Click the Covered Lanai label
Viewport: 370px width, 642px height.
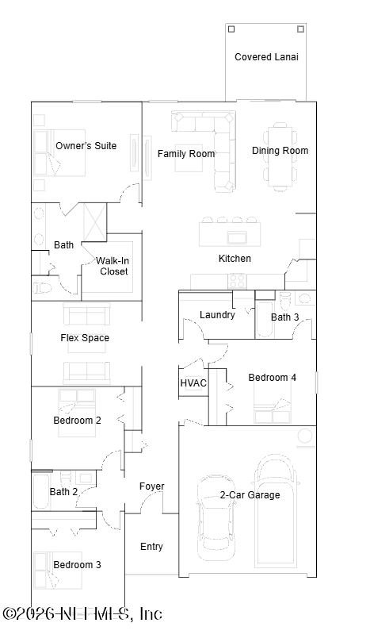click(266, 57)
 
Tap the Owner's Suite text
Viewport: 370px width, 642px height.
click(86, 146)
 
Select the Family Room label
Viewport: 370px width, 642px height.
click(186, 154)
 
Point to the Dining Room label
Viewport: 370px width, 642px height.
click(280, 151)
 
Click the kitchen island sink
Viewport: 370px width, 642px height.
click(237, 237)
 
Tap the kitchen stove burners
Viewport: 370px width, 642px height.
click(237, 281)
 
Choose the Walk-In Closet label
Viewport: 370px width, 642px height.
click(113, 266)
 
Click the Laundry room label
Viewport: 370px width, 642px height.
click(217, 315)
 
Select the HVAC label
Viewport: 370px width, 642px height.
click(193, 383)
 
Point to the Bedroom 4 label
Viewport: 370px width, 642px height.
click(273, 378)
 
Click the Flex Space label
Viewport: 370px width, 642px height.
click(85, 338)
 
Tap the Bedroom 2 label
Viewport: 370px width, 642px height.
click(78, 421)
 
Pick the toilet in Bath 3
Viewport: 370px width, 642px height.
click(284, 300)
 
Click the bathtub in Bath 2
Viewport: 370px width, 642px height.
click(41, 491)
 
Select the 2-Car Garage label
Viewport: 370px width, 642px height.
click(250, 495)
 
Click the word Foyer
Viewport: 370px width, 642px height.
click(151, 486)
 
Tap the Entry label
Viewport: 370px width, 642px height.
click(151, 547)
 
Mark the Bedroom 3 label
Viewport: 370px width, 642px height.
click(78, 565)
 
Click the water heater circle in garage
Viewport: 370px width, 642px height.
click(305, 437)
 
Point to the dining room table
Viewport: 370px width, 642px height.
click(280, 157)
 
